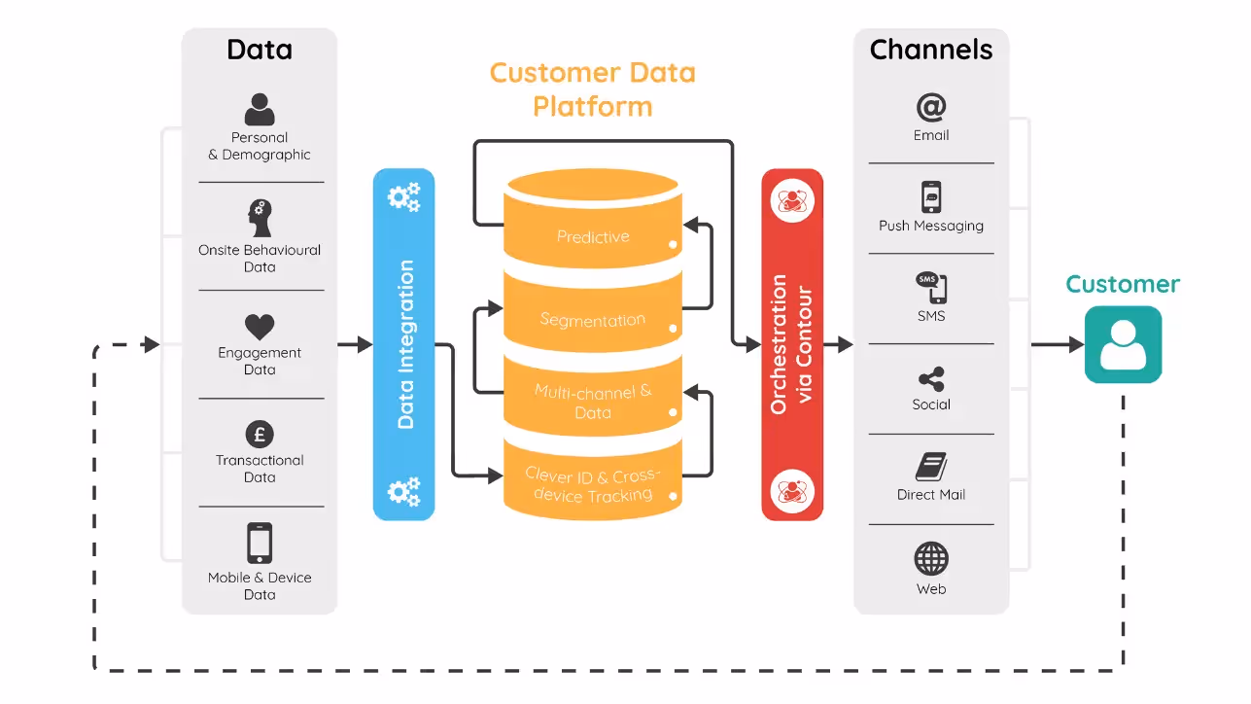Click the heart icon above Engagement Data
260,327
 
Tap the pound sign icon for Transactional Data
260,435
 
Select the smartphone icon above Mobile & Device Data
260,544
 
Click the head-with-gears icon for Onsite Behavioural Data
260,219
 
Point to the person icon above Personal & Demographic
260,109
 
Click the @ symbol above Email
930,107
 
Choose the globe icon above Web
930,559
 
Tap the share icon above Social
930,379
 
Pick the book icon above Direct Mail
930,467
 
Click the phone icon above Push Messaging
931,197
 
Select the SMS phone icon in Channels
931,288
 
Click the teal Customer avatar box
1123,344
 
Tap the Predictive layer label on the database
593,236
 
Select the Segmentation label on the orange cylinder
592,320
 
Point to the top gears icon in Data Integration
403,197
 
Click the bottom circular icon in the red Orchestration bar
791,490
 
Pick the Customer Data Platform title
592,88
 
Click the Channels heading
930,50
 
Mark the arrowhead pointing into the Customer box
1076,344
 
